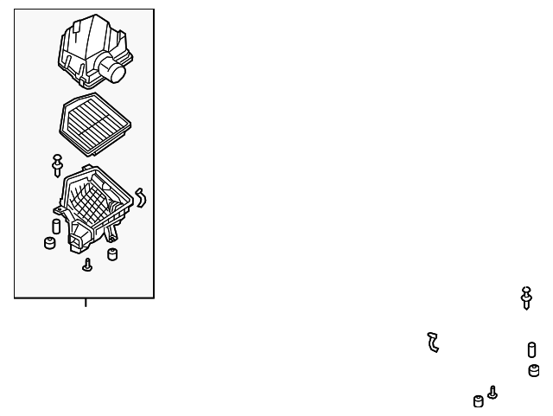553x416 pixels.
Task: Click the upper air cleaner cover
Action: [85, 50]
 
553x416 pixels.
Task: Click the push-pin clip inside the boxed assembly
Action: [58, 164]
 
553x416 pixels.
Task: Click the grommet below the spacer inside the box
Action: [49, 243]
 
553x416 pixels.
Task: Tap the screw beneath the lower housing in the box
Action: [87, 265]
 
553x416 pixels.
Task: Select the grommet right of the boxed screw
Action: [111, 253]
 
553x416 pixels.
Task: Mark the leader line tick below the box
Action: [85, 303]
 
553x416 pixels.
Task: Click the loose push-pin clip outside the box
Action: [526, 297]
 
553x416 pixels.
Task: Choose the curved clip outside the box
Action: [433, 342]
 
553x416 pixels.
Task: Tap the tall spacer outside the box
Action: [531, 350]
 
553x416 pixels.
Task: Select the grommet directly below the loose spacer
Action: [533, 371]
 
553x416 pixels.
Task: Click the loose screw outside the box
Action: [493, 392]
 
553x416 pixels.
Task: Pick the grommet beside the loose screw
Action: [478, 400]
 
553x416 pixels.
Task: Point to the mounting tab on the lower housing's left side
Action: [58, 209]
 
